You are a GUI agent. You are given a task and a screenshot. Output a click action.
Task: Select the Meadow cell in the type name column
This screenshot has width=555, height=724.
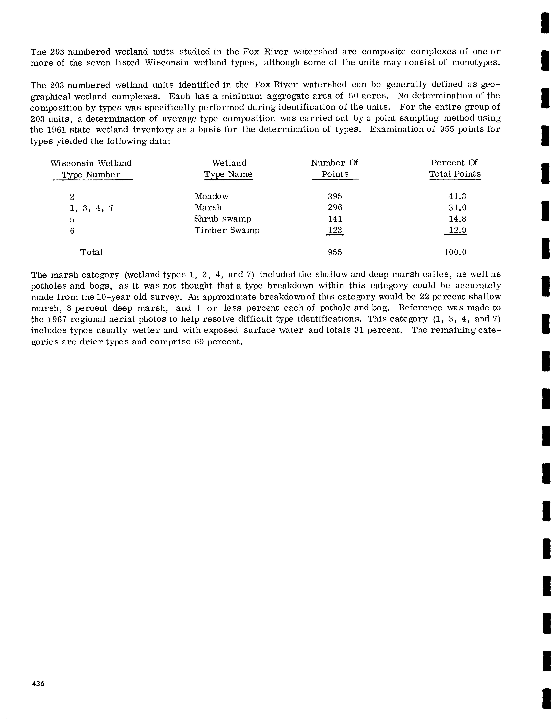[211, 196]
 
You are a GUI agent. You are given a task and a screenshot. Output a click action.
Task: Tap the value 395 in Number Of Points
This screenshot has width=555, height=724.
[335, 196]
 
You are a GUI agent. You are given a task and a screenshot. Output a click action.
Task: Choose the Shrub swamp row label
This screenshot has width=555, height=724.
[223, 219]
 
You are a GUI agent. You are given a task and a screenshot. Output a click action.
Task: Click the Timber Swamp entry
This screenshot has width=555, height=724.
[227, 230]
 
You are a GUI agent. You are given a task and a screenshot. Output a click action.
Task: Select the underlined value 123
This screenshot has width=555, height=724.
[335, 230]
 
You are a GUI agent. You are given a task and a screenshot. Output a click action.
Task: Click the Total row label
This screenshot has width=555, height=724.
[92, 253]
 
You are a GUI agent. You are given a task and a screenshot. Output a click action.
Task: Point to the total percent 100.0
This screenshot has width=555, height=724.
[455, 253]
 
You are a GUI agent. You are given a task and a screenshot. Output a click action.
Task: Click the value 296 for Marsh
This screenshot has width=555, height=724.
[335, 208]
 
